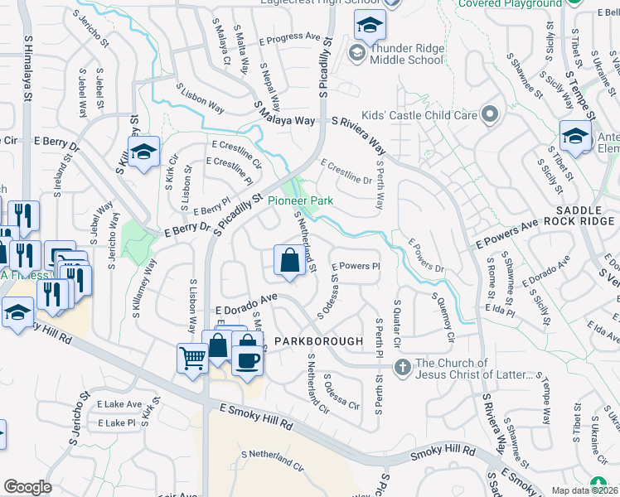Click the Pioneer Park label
322,200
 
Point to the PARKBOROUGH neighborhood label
320,341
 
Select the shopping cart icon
192,358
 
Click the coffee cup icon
247,359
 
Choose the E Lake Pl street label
116,423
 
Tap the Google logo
27,487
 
